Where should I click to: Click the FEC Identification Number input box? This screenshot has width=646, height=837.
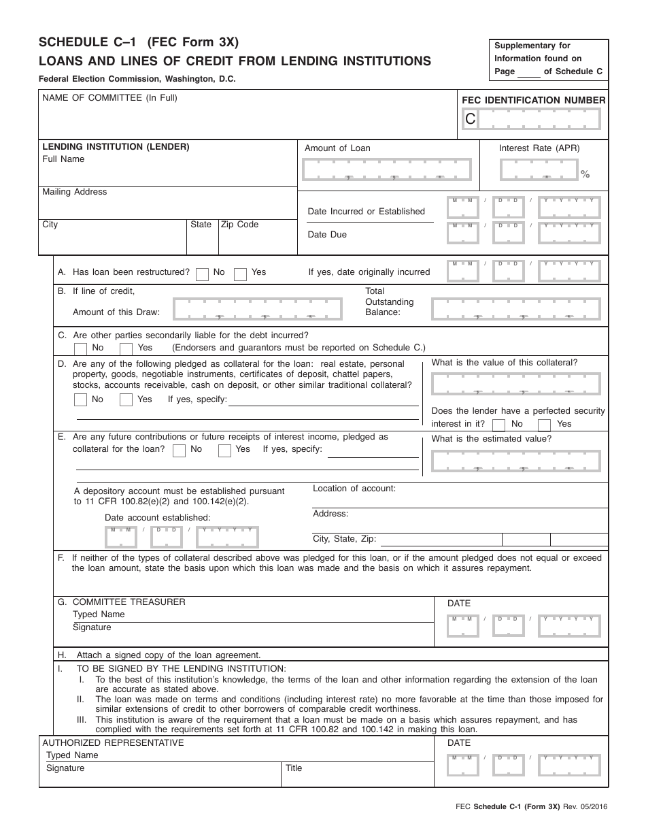[x=539, y=120]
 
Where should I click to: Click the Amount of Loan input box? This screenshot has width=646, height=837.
[x=386, y=169]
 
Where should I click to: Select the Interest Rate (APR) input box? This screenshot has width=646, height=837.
[x=539, y=169]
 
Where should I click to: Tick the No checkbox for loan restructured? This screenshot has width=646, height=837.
[x=202, y=274]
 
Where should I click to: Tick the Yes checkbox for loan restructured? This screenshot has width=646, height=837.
[x=240, y=274]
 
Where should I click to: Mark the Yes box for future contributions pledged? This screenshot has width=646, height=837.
[x=224, y=450]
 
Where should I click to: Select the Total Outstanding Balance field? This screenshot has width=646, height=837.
[x=515, y=309]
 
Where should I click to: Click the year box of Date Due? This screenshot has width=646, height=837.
[x=569, y=233]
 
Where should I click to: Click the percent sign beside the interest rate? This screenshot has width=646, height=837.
[x=585, y=175]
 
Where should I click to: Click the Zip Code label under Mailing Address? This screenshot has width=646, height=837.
[x=239, y=225]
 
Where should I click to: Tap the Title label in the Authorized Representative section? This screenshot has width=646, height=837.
[x=294, y=768]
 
